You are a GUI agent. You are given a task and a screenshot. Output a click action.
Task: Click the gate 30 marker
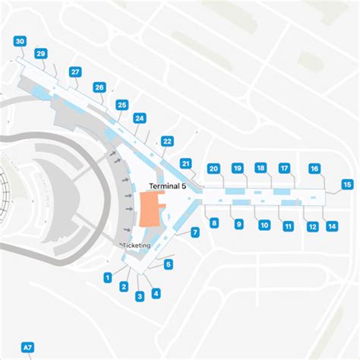coord(20,41)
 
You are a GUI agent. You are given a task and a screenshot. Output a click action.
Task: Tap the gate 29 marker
coord(40,53)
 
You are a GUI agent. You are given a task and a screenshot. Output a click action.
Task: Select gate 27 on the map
coord(75,71)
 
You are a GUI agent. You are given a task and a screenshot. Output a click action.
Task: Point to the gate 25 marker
coord(122,105)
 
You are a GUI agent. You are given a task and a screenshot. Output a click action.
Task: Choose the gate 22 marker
coord(168,141)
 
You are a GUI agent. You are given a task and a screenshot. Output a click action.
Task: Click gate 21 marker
coord(185,163)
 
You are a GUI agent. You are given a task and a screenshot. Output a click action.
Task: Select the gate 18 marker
coord(261,168)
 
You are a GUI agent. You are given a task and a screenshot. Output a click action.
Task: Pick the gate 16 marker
coord(314,169)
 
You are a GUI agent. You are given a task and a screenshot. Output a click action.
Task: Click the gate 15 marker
coord(347,184)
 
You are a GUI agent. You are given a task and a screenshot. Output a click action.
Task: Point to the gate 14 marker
coord(332,226)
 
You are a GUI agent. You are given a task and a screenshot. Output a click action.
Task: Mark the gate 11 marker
coord(288,226)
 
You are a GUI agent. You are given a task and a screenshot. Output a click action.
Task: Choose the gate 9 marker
coord(238,224)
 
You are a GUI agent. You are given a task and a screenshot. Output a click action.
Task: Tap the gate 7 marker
coord(195,232)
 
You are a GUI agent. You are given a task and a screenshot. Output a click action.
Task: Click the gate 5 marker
coord(169,264)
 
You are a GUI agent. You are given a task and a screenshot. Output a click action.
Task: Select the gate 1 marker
coord(108,277)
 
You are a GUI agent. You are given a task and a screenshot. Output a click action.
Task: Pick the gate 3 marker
coord(140,296)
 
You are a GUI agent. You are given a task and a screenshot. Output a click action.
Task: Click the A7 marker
coord(28,348)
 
